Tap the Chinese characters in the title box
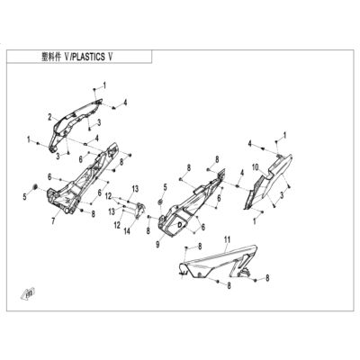tap(50, 57)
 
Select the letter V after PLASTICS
tap(110, 57)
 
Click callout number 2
tap(49, 117)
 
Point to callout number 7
tap(53, 221)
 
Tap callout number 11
tap(227, 239)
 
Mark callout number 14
tap(127, 231)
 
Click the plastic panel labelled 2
tap(75, 120)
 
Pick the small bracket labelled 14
tap(139, 210)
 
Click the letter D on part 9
tap(180, 224)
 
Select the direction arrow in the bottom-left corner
tap(28, 292)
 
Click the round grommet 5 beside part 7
tap(34, 187)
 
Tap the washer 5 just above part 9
tap(160, 202)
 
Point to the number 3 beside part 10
tap(282, 195)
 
